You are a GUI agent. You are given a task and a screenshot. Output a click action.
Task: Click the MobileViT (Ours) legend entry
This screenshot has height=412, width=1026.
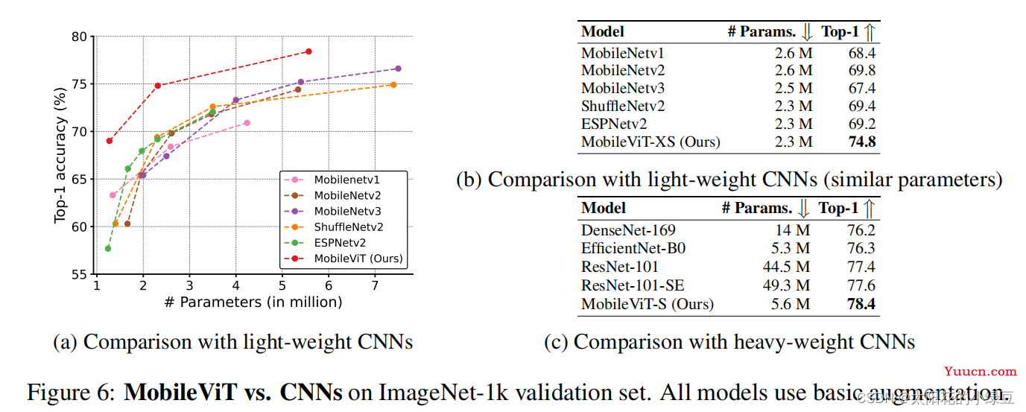358,259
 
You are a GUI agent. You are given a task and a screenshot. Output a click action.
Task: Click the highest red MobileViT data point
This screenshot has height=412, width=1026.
308,51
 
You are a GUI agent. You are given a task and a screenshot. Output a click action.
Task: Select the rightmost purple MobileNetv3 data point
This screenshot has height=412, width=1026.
398,69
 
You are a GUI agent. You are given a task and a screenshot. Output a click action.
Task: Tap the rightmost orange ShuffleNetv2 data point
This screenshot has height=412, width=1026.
393,85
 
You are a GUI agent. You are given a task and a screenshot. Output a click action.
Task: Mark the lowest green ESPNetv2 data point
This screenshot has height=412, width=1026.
108,248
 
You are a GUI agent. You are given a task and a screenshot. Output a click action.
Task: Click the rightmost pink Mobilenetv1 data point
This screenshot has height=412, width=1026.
247,123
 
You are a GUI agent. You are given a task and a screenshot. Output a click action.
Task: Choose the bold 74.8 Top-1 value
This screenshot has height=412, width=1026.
861,142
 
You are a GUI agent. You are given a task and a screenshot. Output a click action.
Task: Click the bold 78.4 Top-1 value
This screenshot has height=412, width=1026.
861,304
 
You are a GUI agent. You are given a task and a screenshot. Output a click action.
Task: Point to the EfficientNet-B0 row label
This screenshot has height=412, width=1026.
633,248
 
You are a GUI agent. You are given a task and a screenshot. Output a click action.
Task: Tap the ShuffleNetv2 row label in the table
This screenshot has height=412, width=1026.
623,106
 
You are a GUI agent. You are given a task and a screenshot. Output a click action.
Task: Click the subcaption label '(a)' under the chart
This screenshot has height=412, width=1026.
66,342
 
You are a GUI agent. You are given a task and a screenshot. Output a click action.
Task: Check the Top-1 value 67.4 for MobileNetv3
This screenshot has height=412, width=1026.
862,88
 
